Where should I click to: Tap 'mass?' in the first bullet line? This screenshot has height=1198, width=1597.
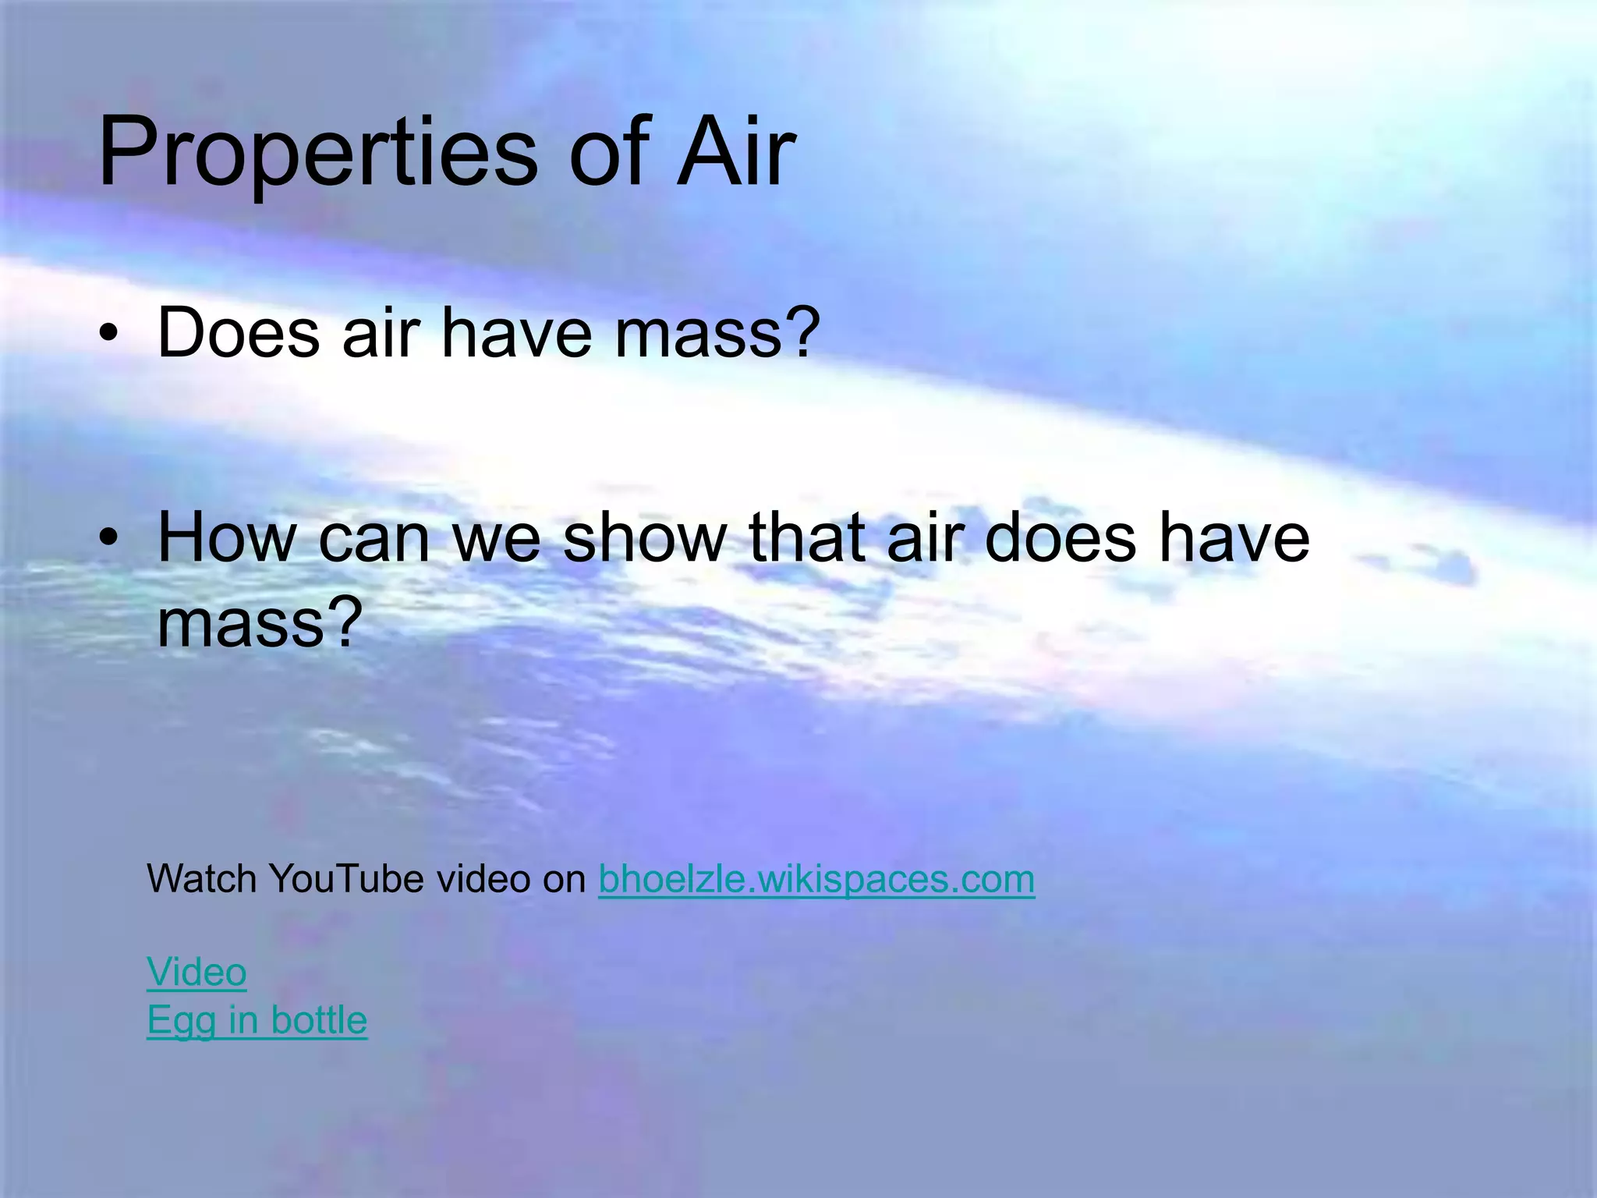[x=717, y=333]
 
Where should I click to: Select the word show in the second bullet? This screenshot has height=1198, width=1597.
[x=644, y=537]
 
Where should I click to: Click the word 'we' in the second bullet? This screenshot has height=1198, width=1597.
[x=496, y=539]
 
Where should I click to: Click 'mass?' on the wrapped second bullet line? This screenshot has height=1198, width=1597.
[x=260, y=623]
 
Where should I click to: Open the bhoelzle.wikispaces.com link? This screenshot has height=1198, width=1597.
[x=816, y=880]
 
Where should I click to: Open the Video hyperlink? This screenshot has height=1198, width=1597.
[x=197, y=973]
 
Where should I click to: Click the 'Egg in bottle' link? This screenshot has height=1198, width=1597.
[x=257, y=1020]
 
